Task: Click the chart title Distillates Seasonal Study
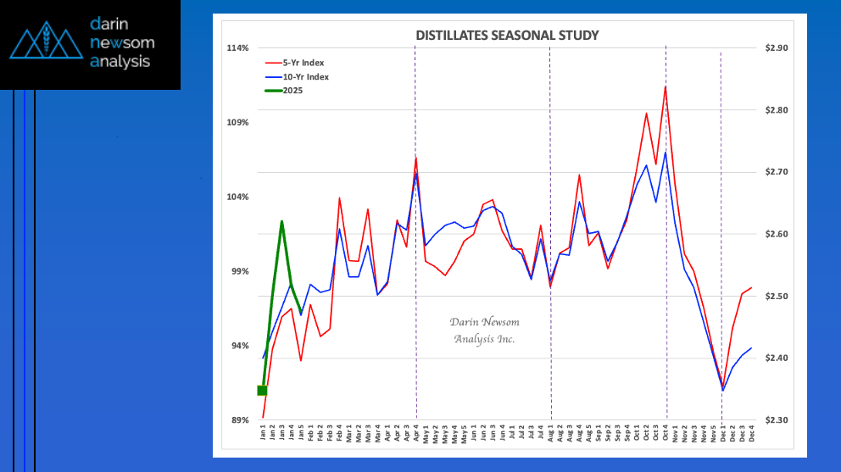coord(507,36)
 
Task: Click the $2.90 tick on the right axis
coord(776,48)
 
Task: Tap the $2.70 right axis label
coord(776,172)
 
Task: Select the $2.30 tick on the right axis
coord(776,420)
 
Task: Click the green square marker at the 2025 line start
coord(263,390)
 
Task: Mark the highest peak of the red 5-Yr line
coord(666,86)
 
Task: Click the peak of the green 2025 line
coord(281,221)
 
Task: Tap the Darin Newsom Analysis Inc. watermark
coord(484,330)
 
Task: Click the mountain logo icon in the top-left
coord(43,44)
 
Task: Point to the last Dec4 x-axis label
coord(751,435)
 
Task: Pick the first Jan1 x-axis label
coord(263,435)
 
